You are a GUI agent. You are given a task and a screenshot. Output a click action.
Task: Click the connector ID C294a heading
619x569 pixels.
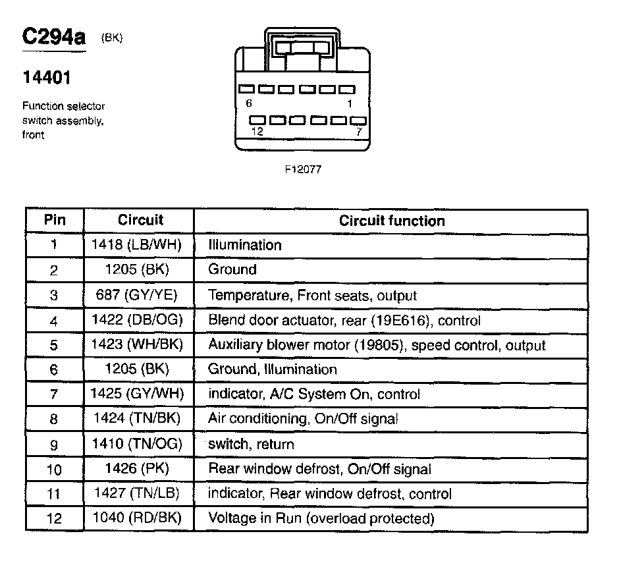[x=54, y=38]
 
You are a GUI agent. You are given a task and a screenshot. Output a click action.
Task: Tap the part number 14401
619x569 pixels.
[x=46, y=78]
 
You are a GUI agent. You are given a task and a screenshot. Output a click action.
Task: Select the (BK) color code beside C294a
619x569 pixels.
[x=112, y=38]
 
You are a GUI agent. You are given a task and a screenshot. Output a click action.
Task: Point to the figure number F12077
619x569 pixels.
[x=302, y=169]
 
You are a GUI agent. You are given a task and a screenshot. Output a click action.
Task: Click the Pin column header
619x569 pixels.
[x=55, y=220]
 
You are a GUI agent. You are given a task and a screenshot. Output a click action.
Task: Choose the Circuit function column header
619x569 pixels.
[x=392, y=221]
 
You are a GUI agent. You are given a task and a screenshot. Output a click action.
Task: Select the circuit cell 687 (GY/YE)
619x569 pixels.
[x=139, y=295]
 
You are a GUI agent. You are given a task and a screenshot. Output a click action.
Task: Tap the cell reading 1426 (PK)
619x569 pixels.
[x=139, y=469]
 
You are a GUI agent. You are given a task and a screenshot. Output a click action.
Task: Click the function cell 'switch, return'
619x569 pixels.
[x=251, y=445]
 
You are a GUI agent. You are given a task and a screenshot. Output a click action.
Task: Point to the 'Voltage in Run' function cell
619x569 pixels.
[x=321, y=518]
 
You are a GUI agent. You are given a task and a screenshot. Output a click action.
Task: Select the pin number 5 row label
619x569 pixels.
[x=54, y=345]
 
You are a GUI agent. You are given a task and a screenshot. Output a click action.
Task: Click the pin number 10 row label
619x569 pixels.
[x=54, y=470]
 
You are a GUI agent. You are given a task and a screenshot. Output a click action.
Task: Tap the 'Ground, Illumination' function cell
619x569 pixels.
[x=272, y=369]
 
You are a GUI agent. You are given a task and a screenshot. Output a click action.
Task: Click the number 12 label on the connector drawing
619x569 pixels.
[x=257, y=132]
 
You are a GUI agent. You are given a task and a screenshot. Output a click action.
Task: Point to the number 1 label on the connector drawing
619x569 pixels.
[x=350, y=103]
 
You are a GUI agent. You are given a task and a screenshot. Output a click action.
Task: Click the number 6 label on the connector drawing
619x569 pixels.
[x=248, y=103]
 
